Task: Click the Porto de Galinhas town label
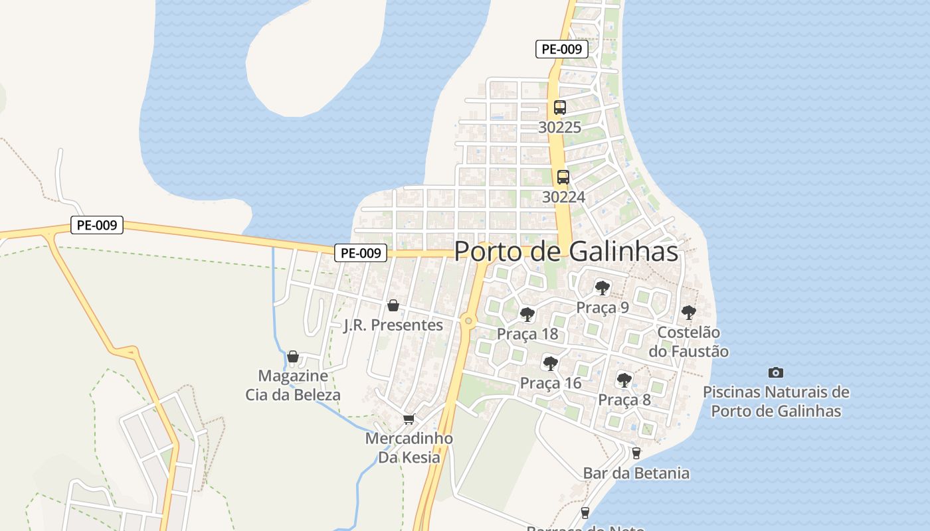click(566, 252)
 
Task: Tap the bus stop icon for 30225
click(560, 107)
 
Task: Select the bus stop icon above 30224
click(563, 177)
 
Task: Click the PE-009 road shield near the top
click(562, 48)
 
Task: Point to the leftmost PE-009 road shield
click(97, 225)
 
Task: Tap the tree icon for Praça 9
click(603, 288)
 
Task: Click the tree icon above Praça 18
click(527, 314)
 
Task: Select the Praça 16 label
click(551, 383)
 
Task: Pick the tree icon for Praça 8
click(624, 380)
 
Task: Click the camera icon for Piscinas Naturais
click(775, 372)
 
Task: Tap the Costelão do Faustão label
click(693, 342)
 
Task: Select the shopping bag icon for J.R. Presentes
click(393, 305)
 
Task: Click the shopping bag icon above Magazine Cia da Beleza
click(292, 357)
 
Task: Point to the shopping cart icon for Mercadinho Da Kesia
click(409, 419)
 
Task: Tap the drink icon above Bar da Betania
click(636, 453)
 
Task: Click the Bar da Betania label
click(636, 473)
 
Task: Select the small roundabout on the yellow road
click(469, 321)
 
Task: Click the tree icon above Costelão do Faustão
click(689, 312)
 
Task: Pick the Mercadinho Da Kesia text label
click(409, 448)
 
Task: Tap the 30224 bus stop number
click(563, 196)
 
